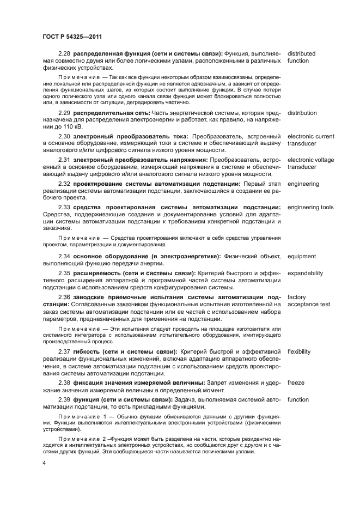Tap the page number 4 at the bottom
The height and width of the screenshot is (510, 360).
[44, 463]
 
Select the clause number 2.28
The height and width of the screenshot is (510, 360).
[65, 53]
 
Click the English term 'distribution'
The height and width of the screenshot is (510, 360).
[302, 113]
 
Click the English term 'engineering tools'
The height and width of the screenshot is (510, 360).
[310, 207]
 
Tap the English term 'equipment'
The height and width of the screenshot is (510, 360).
[302, 256]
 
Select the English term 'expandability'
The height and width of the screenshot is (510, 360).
[305, 273]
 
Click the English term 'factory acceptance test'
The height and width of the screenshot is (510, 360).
[308, 300]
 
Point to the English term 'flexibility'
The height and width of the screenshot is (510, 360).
[299, 351]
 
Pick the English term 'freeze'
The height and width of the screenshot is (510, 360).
[296, 382]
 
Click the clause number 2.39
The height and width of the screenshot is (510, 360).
[65, 399]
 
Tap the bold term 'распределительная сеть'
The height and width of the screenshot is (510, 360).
[112, 113]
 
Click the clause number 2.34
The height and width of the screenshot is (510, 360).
[65, 256]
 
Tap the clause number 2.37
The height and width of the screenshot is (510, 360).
[65, 351]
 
